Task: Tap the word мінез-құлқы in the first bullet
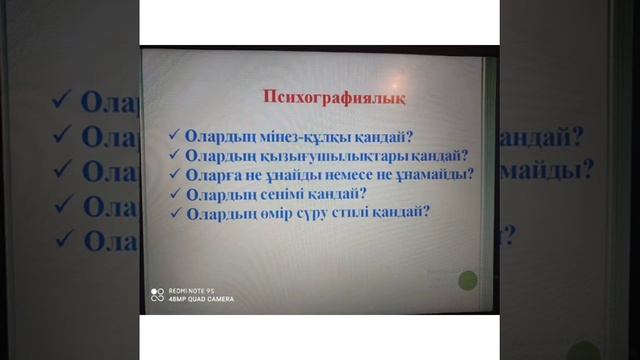[279, 136]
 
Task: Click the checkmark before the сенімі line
[174, 193]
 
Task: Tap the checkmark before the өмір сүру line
[175, 212]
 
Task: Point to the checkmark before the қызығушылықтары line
[174, 155]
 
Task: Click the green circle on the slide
[467, 282]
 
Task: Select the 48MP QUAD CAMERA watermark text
[201, 299]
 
